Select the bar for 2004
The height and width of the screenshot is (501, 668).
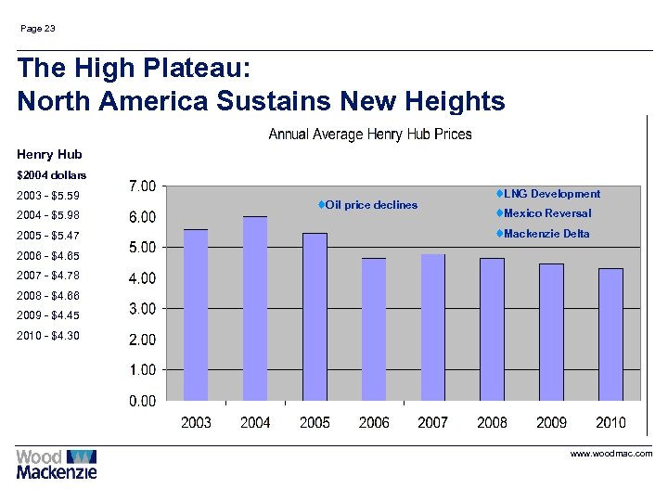coord(255,308)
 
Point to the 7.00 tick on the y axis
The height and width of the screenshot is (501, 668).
coord(141,186)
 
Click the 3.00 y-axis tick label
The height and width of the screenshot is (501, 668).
coord(141,309)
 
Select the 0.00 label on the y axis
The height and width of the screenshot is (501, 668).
coord(141,401)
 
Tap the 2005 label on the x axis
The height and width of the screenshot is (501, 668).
coord(315,423)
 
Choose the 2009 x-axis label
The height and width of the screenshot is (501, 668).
coord(551,423)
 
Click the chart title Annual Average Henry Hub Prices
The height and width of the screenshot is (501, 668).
coord(369,135)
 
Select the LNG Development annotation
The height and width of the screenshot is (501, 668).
coord(551,194)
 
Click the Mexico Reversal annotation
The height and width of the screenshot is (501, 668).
coord(546,213)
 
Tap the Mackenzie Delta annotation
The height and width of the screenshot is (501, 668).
coord(546,234)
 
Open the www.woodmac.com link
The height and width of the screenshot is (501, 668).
coord(610,454)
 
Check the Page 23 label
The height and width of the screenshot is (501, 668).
coord(38,29)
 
